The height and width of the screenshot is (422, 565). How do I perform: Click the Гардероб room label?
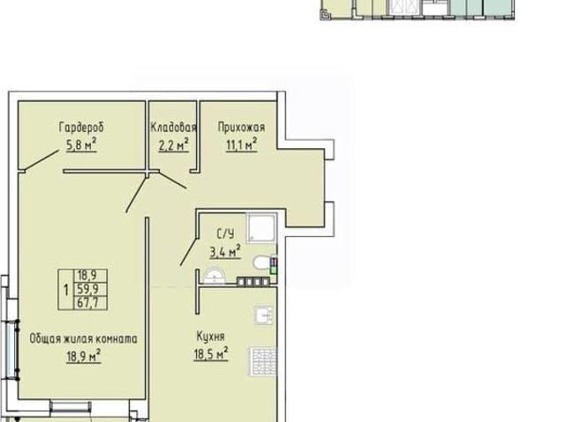(81, 128)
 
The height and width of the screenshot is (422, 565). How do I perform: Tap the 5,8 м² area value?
(81, 144)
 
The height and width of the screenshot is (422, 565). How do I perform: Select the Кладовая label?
(173, 127)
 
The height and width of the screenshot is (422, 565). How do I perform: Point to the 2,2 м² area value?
(174, 144)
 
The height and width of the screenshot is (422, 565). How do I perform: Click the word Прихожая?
(241, 128)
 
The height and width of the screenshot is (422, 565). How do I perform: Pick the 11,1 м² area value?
(241, 144)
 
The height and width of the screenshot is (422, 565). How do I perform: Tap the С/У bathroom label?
(226, 234)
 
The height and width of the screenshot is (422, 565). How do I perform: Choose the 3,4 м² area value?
(226, 252)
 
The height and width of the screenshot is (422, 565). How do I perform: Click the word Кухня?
(211, 337)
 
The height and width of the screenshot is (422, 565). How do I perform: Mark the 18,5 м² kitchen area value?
(211, 353)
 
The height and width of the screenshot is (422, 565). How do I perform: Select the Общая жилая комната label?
(83, 338)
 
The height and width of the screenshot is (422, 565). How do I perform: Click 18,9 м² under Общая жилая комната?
(84, 356)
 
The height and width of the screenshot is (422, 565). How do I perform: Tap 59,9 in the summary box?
(87, 289)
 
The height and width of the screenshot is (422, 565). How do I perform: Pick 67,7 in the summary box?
(87, 303)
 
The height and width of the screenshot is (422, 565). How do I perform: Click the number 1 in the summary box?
(66, 289)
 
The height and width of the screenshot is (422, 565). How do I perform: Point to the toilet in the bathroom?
(262, 263)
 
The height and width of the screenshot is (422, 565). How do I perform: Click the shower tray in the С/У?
(261, 227)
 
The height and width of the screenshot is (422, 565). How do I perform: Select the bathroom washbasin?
(215, 277)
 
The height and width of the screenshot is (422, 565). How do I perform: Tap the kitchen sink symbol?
(264, 316)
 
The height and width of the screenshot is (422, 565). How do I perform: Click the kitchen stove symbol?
(263, 361)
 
